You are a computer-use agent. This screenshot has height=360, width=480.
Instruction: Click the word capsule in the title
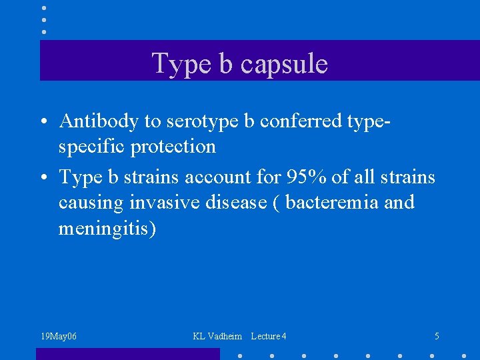(x=284, y=65)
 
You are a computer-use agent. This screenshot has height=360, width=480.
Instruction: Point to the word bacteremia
(x=331, y=202)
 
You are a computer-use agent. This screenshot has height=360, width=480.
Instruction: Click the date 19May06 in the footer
(x=59, y=337)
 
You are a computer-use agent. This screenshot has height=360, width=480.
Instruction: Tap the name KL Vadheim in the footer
(x=217, y=337)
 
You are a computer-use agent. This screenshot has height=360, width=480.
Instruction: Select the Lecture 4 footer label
(x=269, y=337)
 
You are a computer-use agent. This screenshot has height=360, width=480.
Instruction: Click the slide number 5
(x=437, y=337)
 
